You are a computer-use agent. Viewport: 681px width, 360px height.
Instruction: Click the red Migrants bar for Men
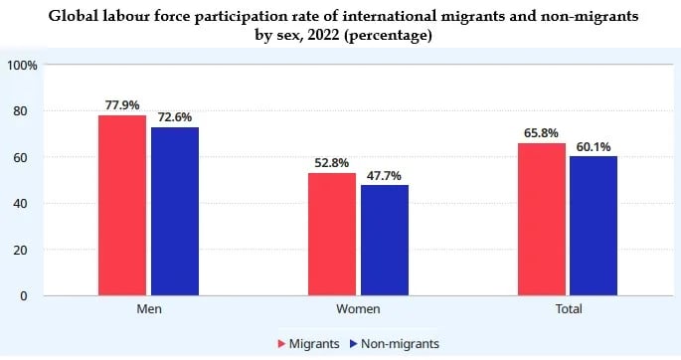(x=121, y=206)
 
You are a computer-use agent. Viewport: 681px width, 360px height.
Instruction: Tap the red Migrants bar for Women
(x=332, y=235)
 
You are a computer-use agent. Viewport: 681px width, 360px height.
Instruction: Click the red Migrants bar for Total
(x=542, y=220)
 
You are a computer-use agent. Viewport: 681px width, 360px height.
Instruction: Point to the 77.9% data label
(x=120, y=103)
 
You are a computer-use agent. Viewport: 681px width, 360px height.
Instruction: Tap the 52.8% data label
(x=331, y=161)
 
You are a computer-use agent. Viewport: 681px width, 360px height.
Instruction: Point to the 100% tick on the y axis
(x=22, y=66)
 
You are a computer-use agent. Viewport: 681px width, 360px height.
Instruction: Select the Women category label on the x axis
(x=357, y=310)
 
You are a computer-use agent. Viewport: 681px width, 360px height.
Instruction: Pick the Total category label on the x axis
(x=568, y=310)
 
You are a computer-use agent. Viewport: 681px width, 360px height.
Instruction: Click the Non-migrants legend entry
(x=396, y=343)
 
